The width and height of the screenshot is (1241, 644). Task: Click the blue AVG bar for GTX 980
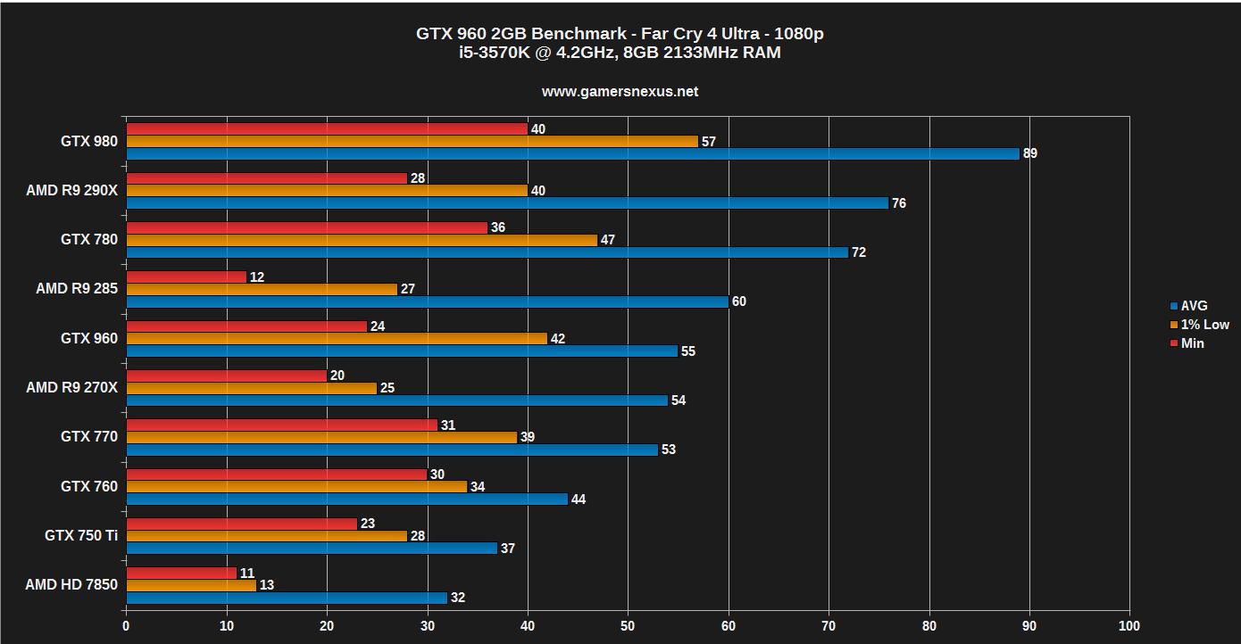[x=572, y=153]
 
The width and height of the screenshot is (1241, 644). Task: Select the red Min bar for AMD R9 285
[x=186, y=277]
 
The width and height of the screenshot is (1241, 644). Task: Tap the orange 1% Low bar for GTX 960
[x=337, y=339]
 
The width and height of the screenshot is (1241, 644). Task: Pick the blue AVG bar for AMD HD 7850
[x=287, y=598]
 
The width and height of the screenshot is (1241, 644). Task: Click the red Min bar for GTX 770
[x=281, y=425]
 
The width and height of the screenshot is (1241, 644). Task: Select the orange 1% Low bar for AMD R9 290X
[x=327, y=191]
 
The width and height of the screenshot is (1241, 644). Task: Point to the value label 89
[x=1030, y=153]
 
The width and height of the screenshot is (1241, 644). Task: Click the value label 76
[x=899, y=203]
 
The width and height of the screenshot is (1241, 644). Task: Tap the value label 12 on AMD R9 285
[x=257, y=277]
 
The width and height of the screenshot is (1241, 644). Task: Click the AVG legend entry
[x=1193, y=306]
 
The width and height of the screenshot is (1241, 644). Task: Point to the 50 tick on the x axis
[x=628, y=626]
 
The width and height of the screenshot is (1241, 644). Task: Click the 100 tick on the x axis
[x=1129, y=626]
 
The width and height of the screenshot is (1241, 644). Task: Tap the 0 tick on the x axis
[x=126, y=626]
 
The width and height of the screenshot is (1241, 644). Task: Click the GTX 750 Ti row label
[x=80, y=536]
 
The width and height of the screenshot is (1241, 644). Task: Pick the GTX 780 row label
[x=88, y=240]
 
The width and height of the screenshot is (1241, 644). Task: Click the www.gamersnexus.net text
[x=620, y=91]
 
